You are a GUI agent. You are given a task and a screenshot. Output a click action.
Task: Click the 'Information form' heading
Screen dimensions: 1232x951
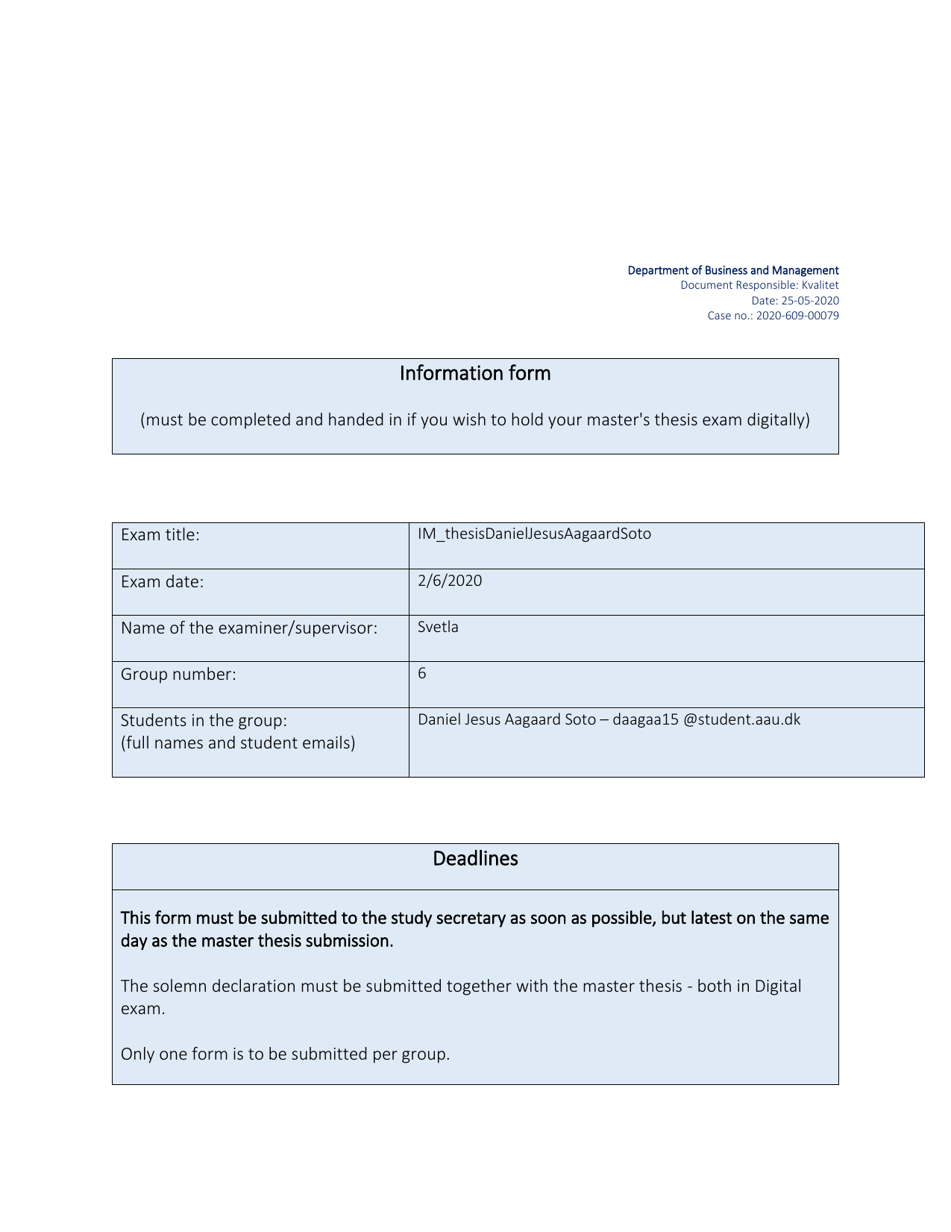pyautogui.click(x=475, y=373)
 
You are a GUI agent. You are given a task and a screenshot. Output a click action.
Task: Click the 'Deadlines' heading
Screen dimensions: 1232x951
pyautogui.click(x=475, y=859)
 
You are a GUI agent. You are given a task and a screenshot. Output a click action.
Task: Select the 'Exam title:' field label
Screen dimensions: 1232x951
pyautogui.click(x=160, y=535)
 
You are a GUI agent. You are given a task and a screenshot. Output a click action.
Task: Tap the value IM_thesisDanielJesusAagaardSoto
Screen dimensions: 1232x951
pyautogui.click(x=534, y=534)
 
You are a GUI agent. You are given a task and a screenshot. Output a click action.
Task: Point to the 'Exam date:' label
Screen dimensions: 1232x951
pyautogui.click(x=162, y=582)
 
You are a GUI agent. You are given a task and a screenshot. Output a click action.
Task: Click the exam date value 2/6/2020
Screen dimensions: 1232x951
pyautogui.click(x=450, y=581)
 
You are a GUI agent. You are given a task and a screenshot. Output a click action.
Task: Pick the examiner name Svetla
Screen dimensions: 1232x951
pyautogui.click(x=438, y=627)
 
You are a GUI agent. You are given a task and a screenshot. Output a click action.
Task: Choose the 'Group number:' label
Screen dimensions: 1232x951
pyautogui.click(x=178, y=675)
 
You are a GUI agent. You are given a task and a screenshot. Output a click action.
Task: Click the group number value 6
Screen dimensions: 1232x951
pyautogui.click(x=422, y=673)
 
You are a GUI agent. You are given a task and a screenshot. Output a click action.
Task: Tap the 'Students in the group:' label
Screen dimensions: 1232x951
pyautogui.click(x=204, y=721)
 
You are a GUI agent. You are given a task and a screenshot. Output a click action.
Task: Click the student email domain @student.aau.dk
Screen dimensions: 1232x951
pyautogui.click(x=741, y=720)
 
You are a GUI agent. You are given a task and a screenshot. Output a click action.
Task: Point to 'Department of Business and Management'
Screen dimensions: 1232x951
pyautogui.click(x=732, y=270)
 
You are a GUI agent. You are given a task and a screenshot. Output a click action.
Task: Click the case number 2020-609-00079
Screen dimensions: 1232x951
pyautogui.click(x=797, y=316)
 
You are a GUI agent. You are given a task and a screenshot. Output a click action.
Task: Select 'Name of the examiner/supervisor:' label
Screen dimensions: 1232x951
pyautogui.click(x=249, y=628)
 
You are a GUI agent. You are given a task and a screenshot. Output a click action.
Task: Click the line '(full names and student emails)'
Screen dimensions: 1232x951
pyautogui.click(x=238, y=743)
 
